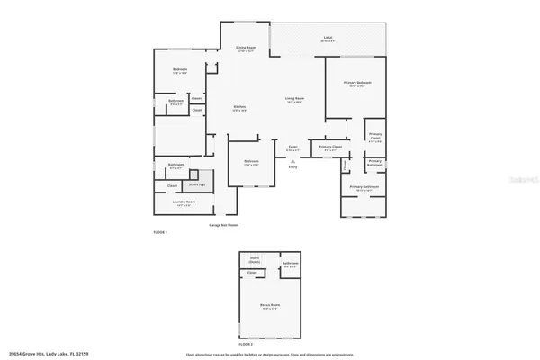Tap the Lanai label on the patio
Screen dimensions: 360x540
pyautogui.click(x=328, y=39)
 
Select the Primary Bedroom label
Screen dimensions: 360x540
pyautogui.click(x=357, y=84)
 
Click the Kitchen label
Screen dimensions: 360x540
pyautogui.click(x=240, y=108)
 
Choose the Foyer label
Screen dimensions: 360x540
pyautogui.click(x=292, y=147)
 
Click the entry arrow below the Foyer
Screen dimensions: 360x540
pyautogui.click(x=292, y=160)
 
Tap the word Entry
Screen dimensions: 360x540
pyautogui.click(x=292, y=166)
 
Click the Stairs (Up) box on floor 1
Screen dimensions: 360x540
pyautogui.click(x=195, y=183)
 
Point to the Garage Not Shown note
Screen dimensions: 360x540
pyautogui.click(x=224, y=225)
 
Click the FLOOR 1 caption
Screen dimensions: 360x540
pyautogui.click(x=160, y=232)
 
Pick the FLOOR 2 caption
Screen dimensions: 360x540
pyautogui.click(x=246, y=344)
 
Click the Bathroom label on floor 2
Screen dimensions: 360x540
pyautogui.click(x=290, y=265)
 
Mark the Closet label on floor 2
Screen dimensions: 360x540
pyautogui.click(x=252, y=273)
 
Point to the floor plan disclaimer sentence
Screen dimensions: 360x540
pyautogui.click(x=270, y=354)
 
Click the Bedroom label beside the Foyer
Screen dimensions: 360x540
pyautogui.click(x=252, y=163)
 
